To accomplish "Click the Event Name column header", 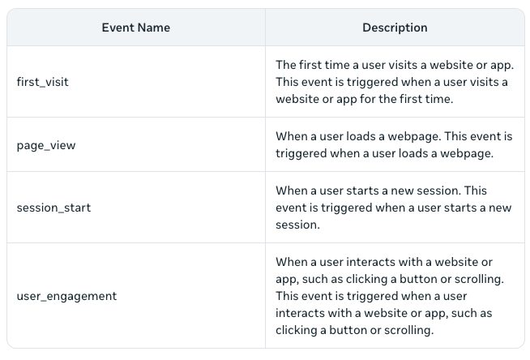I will pyautogui.click(x=135, y=28).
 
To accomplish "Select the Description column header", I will pyautogui.click(x=395, y=28).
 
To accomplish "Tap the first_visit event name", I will pyautogui.click(x=43, y=82).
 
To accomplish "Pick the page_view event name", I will pyautogui.click(x=47, y=145).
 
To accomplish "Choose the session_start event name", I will pyautogui.click(x=53, y=208).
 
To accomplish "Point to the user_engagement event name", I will pyautogui.click(x=66, y=296).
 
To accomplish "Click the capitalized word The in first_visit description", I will pyautogui.click(x=286, y=64).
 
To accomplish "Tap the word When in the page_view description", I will pyautogui.click(x=292, y=136).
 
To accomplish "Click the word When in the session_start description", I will pyautogui.click(x=292, y=191).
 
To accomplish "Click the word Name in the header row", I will pyautogui.click(x=154, y=28).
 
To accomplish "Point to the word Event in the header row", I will pyautogui.click(x=118, y=28).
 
